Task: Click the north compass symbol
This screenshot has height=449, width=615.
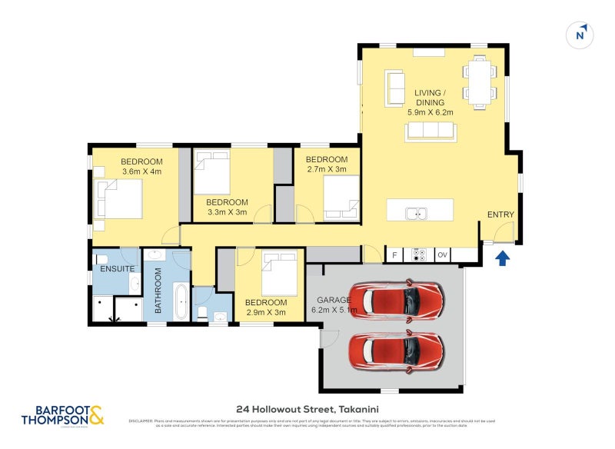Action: [580, 35]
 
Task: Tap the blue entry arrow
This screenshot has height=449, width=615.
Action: [502, 258]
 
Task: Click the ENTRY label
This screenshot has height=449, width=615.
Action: [501, 215]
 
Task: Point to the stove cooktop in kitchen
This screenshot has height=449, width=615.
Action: [419, 254]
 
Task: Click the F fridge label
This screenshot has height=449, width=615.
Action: [394, 254]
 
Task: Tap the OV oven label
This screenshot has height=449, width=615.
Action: [443, 254]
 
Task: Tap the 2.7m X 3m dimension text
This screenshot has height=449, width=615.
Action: [327, 169]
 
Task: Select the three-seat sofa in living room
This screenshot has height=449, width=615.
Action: [430, 131]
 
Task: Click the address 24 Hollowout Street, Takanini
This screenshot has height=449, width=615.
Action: [307, 409]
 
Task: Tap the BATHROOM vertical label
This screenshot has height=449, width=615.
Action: [158, 290]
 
